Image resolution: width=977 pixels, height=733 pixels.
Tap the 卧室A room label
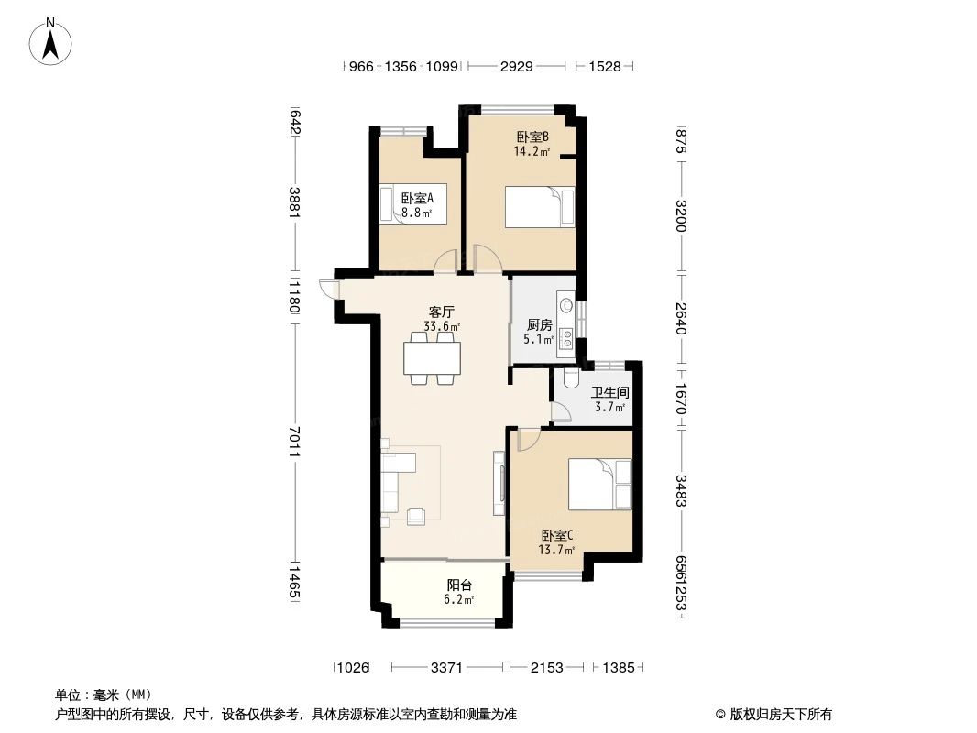[x=417, y=198]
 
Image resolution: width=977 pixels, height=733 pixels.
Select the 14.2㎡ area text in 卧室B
[x=532, y=152]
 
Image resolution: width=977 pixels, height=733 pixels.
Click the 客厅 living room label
[x=442, y=312]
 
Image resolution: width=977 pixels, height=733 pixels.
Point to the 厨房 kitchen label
[x=539, y=325]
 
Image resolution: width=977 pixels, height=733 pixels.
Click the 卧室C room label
[x=556, y=536]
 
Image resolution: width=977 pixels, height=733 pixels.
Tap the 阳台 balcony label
[x=459, y=585]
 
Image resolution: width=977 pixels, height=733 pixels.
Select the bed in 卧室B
[x=541, y=206]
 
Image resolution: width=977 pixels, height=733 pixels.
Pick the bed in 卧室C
[x=600, y=484]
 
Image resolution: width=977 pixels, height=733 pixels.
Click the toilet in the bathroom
[x=570, y=377]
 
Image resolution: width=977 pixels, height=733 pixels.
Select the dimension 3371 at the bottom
[x=446, y=668]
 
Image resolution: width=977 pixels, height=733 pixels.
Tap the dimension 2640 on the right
[x=680, y=317]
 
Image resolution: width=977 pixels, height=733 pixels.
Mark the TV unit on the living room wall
[x=499, y=483]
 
